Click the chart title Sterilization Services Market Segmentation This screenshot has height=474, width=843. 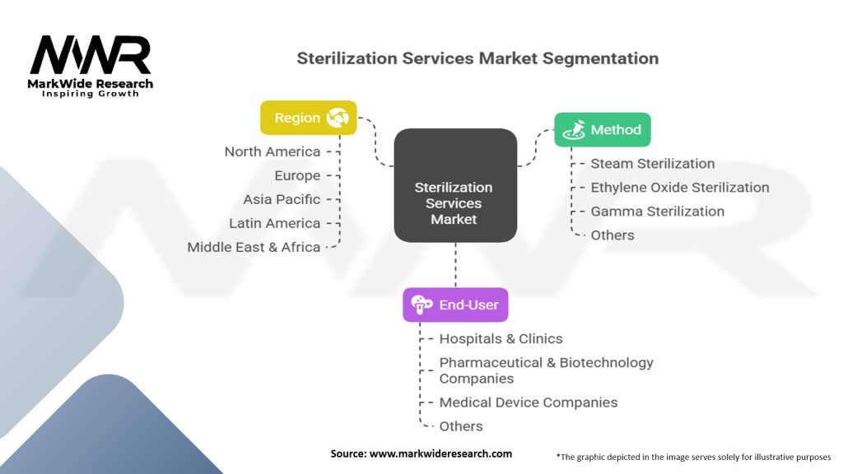477,58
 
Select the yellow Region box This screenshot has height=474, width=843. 309,118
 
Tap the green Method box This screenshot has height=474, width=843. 603,130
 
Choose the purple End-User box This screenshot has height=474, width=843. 455,304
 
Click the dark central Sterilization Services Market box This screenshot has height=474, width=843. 454,186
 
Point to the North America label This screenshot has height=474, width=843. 272,151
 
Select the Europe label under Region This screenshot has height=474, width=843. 297,175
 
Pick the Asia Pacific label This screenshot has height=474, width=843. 282,199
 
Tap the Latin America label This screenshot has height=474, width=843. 274,223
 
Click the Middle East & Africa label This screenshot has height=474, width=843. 254,247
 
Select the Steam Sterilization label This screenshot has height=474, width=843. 653,164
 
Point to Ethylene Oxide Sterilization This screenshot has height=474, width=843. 680,188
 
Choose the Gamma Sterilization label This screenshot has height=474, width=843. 658,211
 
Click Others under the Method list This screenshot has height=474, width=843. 612,235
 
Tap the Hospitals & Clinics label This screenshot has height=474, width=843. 501,338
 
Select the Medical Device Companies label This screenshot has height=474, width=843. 528,402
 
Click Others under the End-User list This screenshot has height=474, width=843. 461,426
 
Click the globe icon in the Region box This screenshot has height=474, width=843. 338,118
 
